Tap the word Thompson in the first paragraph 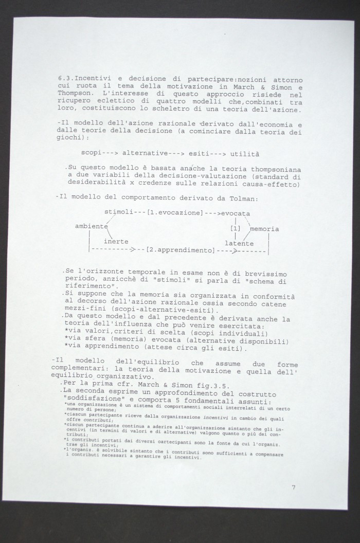click(76, 96)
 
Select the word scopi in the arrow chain click(91, 153)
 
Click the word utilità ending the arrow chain click(245, 153)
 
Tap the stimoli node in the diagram click(118, 212)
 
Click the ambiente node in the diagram click(91, 227)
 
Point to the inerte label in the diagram click(116, 242)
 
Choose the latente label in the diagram click(239, 243)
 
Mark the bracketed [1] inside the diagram click(236, 227)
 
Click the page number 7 click(293, 487)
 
